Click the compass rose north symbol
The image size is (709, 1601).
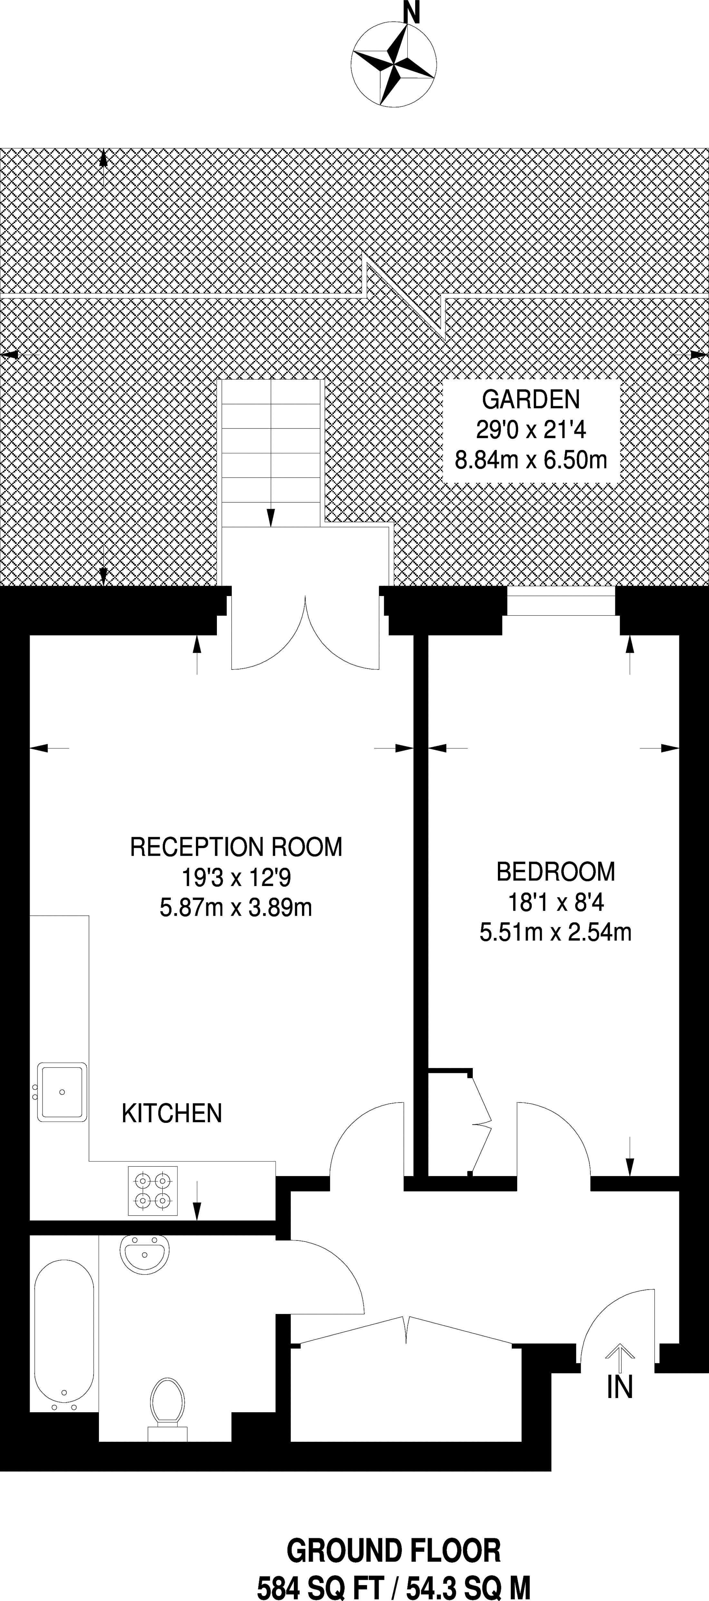tap(394, 65)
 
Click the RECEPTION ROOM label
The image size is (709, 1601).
tap(236, 846)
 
